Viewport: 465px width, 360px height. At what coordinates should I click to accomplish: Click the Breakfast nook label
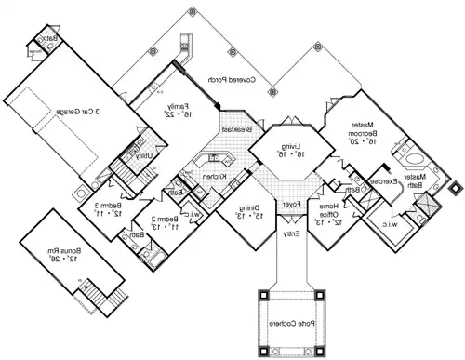click(232, 129)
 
